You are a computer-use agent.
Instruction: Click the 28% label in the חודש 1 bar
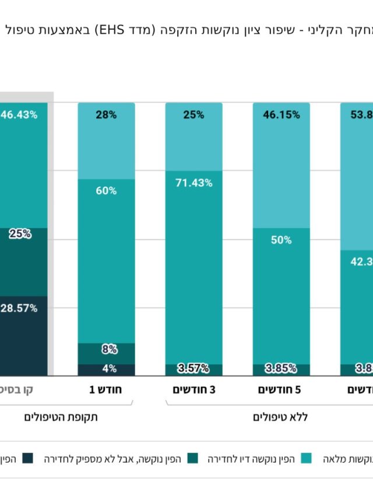[x=106, y=115]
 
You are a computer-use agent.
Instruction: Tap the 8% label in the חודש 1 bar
[x=106, y=350]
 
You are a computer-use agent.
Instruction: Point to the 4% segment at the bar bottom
[x=106, y=369]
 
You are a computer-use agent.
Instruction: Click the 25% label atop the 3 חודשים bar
[x=193, y=115]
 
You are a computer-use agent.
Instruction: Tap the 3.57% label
[x=193, y=368]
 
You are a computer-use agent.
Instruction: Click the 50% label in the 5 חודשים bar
[x=281, y=239]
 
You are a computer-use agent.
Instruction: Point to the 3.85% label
[x=281, y=368]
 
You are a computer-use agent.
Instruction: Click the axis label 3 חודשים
[x=193, y=389]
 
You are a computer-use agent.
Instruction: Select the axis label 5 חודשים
[x=281, y=389]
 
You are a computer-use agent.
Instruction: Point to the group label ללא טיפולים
[x=281, y=417]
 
